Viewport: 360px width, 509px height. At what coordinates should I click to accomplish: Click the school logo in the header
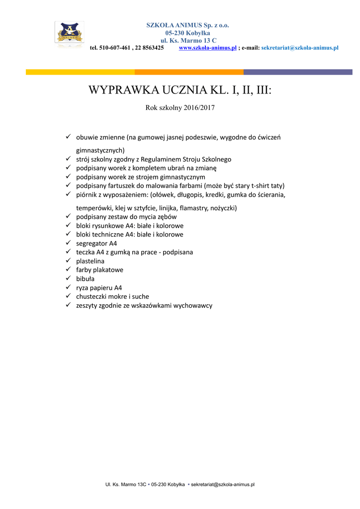coord(69,34)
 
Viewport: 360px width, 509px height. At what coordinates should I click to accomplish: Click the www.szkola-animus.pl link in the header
coord(207,48)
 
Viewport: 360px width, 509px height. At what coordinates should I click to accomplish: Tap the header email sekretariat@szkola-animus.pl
coord(300,48)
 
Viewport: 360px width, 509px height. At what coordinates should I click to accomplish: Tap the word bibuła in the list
coord(86,279)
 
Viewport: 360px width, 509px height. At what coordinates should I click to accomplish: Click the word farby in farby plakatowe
coord(85,270)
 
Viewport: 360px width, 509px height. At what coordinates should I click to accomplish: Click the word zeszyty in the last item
coord(88,306)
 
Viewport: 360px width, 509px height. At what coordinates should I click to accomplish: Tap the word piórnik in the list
coord(88,195)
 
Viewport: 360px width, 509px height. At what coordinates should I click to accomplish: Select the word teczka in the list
coord(86,252)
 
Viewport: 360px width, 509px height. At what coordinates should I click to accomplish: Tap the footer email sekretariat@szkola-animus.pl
coord(223,484)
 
